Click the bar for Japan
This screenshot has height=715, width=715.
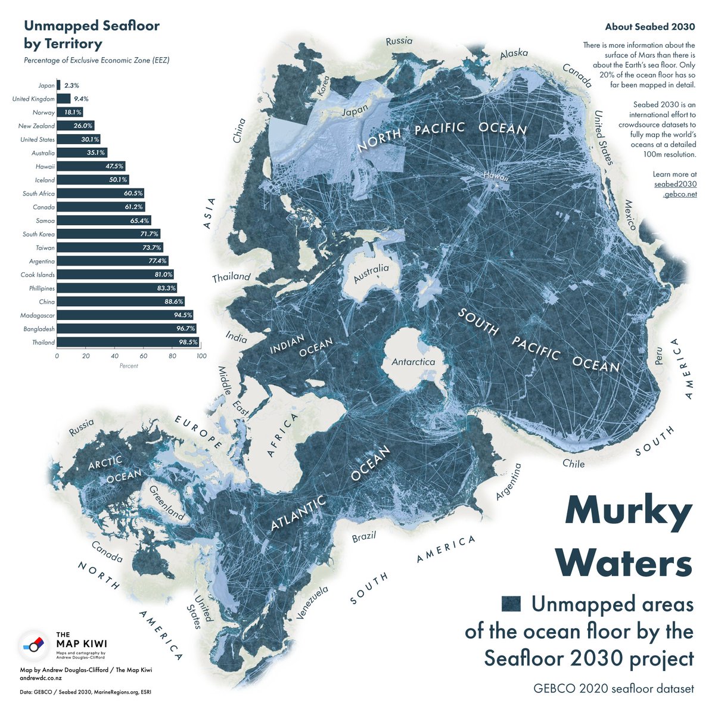(58, 85)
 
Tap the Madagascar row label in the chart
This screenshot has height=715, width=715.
(37, 315)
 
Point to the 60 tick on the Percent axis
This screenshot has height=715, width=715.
(144, 356)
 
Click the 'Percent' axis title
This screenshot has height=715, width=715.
(129, 366)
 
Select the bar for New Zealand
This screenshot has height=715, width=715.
(75, 126)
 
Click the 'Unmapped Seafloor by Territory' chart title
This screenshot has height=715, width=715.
(91, 35)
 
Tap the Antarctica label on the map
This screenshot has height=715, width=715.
(413, 362)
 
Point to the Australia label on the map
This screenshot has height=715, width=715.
(371, 273)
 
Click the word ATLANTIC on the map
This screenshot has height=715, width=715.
(299, 512)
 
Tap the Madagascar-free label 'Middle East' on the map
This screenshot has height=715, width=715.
(232, 390)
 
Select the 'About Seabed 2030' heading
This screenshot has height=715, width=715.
(649, 27)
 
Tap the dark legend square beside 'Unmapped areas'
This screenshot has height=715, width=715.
(511, 604)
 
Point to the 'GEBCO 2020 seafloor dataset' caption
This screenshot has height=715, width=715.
(614, 689)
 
